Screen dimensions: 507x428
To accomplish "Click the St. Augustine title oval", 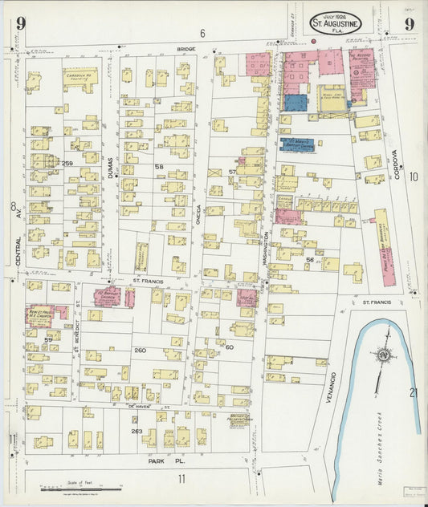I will (x=336, y=22).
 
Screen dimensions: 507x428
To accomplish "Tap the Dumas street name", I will (x=110, y=168).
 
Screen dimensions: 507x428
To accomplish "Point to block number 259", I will (x=67, y=164).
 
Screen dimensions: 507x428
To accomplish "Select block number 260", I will (x=141, y=350).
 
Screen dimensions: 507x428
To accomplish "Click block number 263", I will (x=137, y=431).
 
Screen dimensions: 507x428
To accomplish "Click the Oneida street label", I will (x=199, y=190).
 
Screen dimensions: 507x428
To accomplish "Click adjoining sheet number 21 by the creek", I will (x=414, y=392).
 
